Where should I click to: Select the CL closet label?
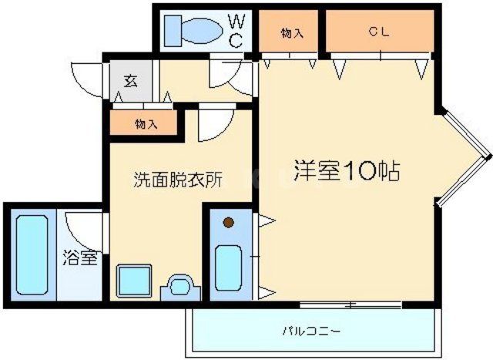click(377, 32)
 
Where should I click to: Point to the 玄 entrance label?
click(131, 80)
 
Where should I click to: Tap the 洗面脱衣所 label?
click(178, 180)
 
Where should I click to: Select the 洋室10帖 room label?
click(346, 170)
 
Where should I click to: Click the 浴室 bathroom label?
click(80, 257)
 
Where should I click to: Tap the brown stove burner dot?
click(228, 224)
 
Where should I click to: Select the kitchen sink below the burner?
click(229, 266)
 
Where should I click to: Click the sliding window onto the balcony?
click(351, 304)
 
